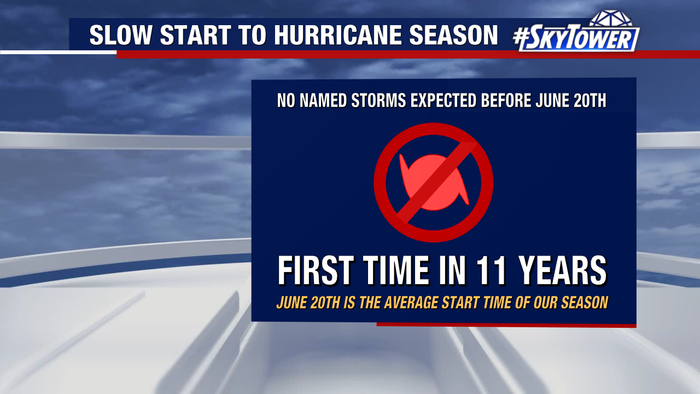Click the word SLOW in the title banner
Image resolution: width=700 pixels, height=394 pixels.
(121, 34)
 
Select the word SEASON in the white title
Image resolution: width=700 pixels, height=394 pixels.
(453, 34)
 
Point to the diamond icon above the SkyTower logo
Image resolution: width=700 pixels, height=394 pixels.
(611, 18)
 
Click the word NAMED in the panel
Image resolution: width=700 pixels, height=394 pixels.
(323, 100)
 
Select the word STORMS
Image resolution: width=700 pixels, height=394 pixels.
(378, 100)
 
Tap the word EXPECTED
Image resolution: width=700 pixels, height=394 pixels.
(444, 100)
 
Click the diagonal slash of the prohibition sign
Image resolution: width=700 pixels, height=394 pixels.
(437, 182)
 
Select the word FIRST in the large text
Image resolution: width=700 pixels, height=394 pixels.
(316, 270)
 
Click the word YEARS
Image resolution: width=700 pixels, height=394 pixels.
(563, 270)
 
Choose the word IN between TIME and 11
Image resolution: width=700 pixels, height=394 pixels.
(452, 270)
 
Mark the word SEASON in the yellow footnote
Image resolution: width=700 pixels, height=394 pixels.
(585, 303)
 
